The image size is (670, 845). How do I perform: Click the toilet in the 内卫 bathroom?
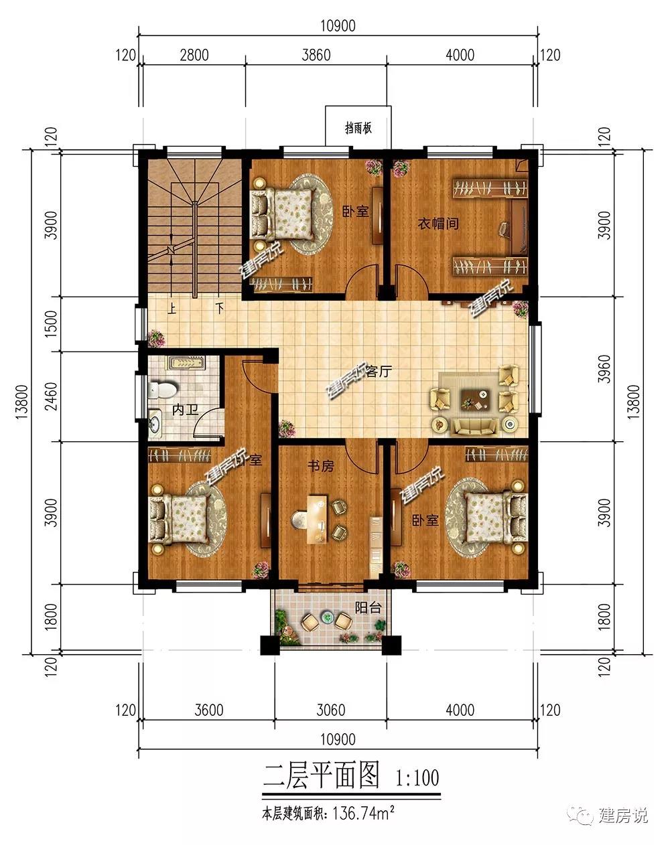point(163,389)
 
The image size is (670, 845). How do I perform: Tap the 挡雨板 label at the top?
point(358,129)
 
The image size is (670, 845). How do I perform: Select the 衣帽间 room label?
point(438,224)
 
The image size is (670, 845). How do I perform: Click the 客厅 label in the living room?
point(379,371)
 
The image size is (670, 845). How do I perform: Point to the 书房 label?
point(321,466)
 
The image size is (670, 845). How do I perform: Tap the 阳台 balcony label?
point(368,608)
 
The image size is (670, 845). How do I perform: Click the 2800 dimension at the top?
point(194,56)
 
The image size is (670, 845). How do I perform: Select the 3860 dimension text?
point(316,56)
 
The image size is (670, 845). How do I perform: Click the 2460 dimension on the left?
point(52,396)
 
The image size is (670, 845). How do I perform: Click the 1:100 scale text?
point(417,778)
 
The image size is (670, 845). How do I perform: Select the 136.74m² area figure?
point(362,813)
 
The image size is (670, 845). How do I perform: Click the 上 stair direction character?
point(172,309)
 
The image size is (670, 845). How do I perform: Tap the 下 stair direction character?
point(219,308)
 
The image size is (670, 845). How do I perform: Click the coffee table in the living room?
point(476,399)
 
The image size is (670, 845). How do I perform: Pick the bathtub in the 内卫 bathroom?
point(187,362)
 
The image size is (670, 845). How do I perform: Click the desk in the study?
point(317,519)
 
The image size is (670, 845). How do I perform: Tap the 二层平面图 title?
point(321,775)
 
